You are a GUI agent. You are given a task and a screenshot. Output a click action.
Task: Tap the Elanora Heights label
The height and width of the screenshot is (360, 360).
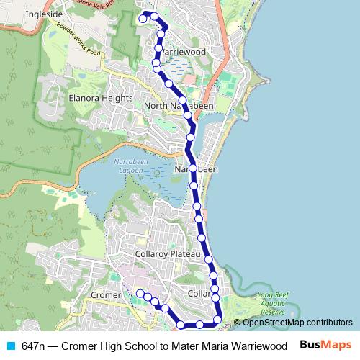pyautogui.click(x=101, y=98)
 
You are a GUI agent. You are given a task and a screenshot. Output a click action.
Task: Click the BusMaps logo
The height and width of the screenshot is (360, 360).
pyautogui.click(x=325, y=346)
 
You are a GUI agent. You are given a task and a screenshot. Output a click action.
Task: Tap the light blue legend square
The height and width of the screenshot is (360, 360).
pyautogui.click(x=11, y=346)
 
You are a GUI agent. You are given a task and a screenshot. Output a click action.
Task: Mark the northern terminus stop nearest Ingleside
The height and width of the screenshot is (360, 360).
pyautogui.click(x=143, y=19)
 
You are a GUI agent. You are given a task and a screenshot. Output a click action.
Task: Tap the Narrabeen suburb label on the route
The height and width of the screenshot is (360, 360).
pyautogui.click(x=196, y=169)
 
